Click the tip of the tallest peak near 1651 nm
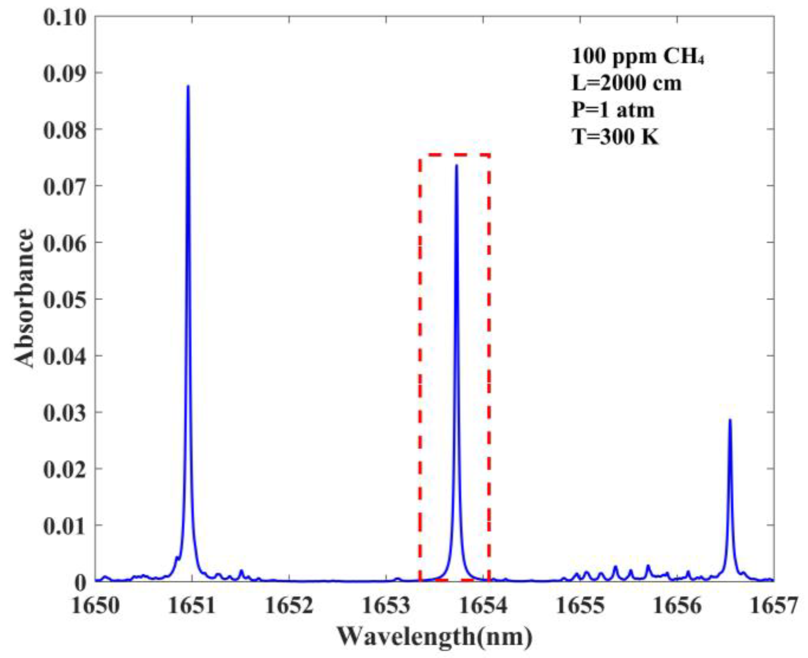pyautogui.click(x=188, y=86)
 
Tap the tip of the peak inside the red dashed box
pyautogui.click(x=456, y=165)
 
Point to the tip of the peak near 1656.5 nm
pyautogui.click(x=730, y=420)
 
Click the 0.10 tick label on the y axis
pyautogui.click(x=64, y=18)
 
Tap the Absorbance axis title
pyautogui.click(x=24, y=298)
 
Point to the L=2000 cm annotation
pyautogui.click(x=626, y=84)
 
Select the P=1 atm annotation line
pyautogui.click(x=613, y=110)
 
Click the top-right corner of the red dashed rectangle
pyautogui.click(x=489, y=155)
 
